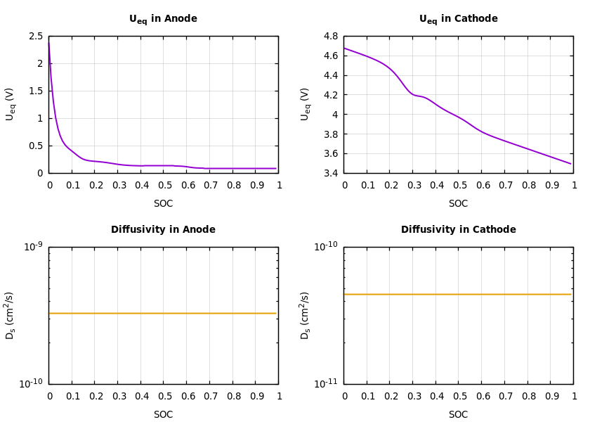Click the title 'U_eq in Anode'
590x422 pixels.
coord(163,19)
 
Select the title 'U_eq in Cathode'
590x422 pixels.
coord(458,19)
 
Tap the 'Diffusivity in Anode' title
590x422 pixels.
coord(163,230)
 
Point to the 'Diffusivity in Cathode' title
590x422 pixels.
coord(458,230)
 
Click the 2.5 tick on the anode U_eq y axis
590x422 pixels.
coord(36,36)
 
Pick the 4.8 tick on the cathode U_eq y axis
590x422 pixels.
coord(331,36)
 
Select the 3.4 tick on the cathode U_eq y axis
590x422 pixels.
coord(331,173)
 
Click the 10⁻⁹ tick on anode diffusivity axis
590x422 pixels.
coord(33,245)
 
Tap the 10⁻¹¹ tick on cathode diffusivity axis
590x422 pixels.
coord(327,383)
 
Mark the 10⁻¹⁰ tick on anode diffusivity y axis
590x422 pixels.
coord(32,383)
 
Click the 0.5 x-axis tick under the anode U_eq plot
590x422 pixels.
coord(163,185)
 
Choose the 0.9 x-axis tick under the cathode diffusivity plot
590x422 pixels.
coord(550,396)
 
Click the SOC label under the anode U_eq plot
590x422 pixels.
coord(163,204)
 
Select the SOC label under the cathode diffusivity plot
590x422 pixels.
coord(458,415)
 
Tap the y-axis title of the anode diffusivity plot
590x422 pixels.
coord(10,315)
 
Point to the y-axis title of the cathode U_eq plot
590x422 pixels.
coord(305,104)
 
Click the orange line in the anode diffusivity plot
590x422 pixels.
coord(163,313)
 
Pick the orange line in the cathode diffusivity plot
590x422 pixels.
coord(458,294)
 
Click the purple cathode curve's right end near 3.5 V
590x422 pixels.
coord(570,163)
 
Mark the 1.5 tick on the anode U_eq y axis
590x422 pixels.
coord(36,91)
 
